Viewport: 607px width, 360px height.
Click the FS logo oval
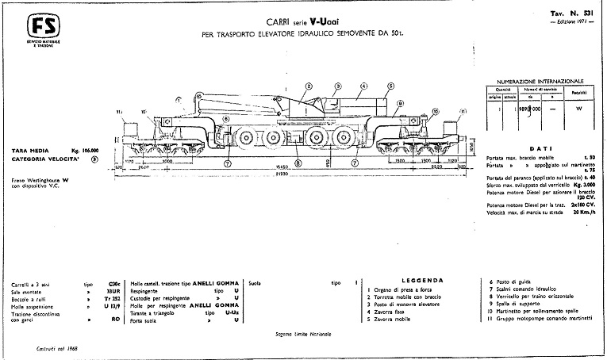pyautogui.click(x=35, y=22)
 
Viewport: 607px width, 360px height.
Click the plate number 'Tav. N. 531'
pyautogui.click(x=569, y=14)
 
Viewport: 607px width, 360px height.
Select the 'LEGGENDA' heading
pyautogui.click(x=416, y=281)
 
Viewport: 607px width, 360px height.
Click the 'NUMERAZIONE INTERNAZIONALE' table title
pyautogui.click(x=539, y=81)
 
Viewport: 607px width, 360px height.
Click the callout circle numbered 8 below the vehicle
pyautogui.click(x=298, y=163)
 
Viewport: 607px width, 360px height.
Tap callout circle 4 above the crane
pyautogui.click(x=364, y=85)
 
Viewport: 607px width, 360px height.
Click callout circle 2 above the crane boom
pyautogui.click(x=308, y=85)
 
